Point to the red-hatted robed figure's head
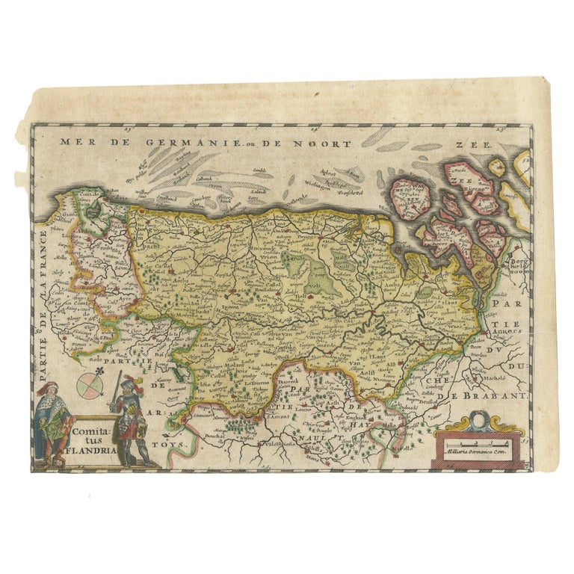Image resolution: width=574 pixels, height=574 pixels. tap(51, 389)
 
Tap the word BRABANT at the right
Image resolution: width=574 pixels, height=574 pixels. tap(494, 396)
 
